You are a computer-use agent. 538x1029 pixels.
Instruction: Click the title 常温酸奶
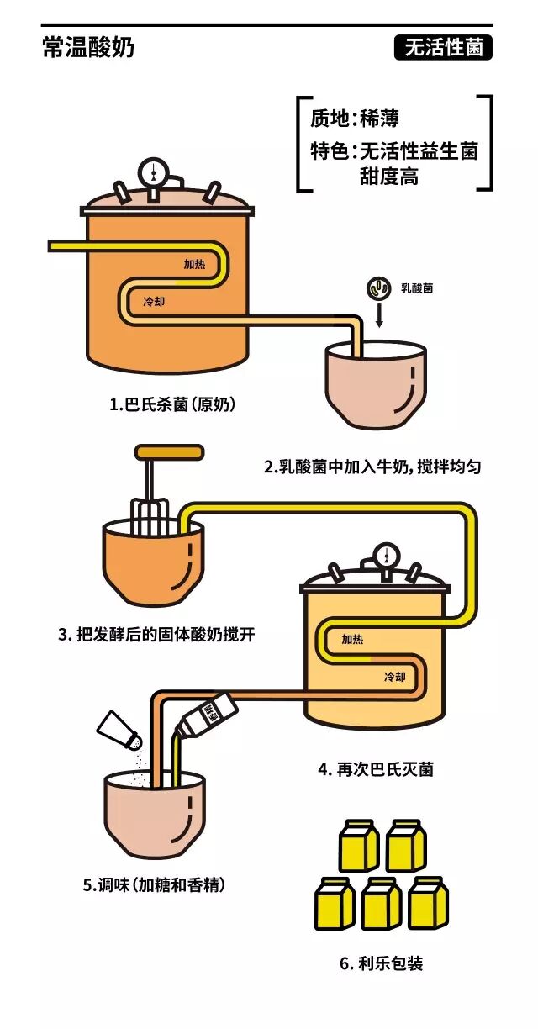(x=87, y=48)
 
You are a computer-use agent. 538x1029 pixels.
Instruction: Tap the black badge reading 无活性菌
(x=443, y=48)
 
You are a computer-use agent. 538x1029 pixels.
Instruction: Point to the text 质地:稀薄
(x=354, y=119)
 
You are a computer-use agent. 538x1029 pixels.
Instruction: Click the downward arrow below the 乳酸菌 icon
(x=378, y=319)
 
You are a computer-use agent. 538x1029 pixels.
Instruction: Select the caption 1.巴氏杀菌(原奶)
(x=172, y=404)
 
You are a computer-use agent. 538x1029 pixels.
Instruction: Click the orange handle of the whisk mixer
(x=169, y=452)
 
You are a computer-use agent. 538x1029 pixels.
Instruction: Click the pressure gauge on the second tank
(x=386, y=556)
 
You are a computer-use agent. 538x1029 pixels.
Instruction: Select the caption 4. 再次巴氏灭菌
(x=376, y=768)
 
